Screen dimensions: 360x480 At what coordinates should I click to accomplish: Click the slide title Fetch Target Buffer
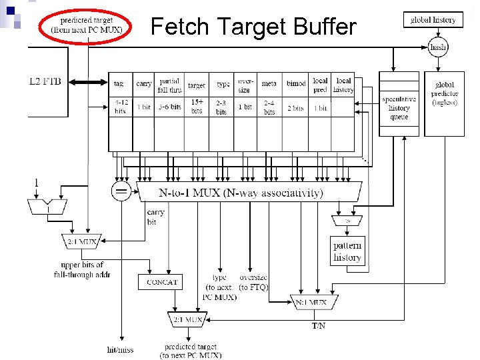253,27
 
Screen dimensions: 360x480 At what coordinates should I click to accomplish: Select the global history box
433,20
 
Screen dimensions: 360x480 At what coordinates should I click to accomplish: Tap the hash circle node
438,47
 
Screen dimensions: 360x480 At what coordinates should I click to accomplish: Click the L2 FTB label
45,81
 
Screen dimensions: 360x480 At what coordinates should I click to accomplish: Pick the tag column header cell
119,84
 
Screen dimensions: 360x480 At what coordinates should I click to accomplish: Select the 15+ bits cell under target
197,106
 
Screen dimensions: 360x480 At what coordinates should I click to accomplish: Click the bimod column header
295,84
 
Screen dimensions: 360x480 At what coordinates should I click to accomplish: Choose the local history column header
343,85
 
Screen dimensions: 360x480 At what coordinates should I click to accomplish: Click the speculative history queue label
399,108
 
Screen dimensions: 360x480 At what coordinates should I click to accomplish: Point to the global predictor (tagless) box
444,93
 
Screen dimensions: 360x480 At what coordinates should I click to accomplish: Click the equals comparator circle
121,192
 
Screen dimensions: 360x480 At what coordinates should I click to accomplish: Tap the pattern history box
347,252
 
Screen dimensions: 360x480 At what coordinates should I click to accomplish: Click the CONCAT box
161,282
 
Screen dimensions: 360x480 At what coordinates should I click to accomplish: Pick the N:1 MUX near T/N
311,302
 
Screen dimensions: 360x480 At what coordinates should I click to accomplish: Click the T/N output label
319,326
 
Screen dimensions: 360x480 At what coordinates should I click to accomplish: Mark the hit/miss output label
121,349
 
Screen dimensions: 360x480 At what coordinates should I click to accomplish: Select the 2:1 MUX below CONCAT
187,319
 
